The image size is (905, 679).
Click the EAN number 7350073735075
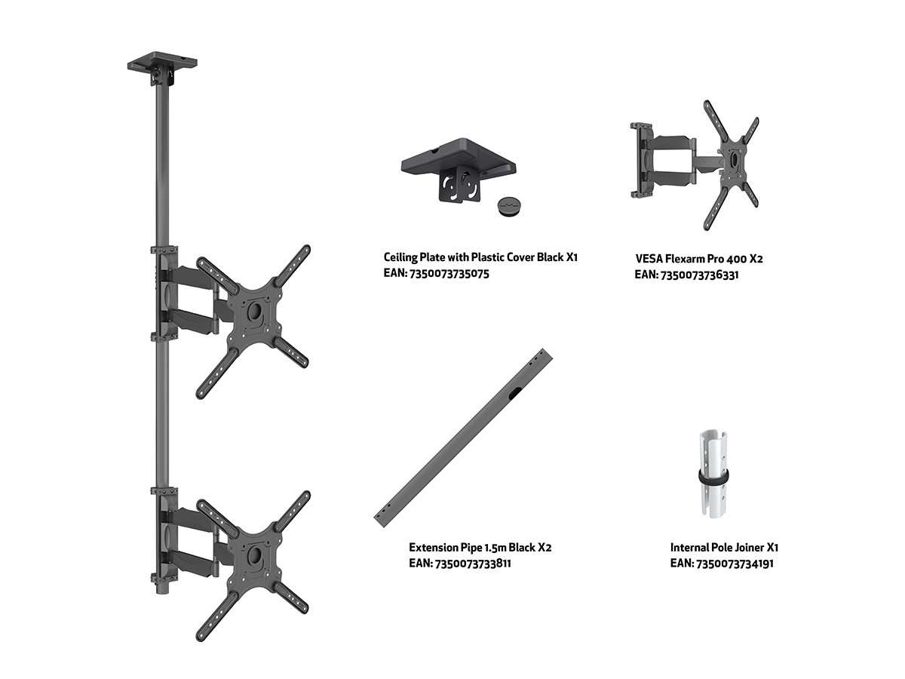coord(449,274)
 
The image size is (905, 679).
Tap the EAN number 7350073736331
coord(699,275)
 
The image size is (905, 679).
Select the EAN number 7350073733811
coord(473,563)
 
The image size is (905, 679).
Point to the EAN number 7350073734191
coord(735,563)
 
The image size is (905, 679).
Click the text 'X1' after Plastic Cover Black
coord(572,257)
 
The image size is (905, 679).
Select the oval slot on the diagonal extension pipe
coord(514,393)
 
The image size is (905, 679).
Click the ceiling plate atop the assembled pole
coord(162,62)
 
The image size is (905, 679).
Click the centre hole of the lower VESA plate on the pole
coord(254,554)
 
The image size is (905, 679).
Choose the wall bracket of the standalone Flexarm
coord(642,158)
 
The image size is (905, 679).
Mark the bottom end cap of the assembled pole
coord(162,590)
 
